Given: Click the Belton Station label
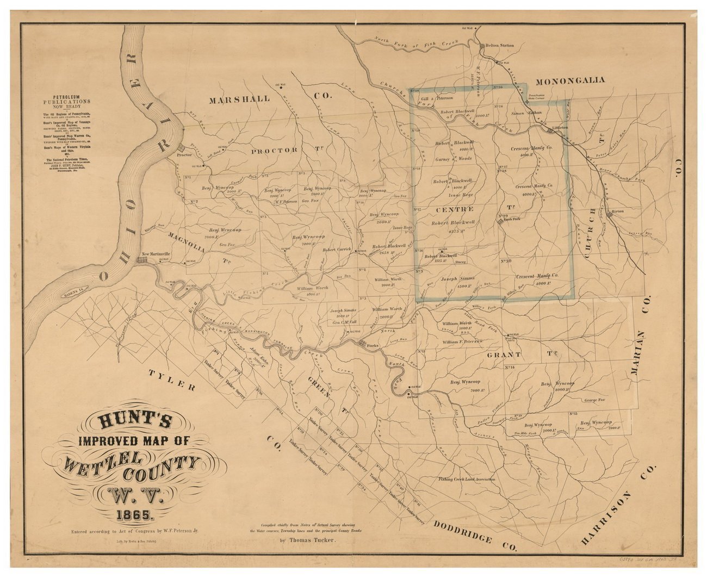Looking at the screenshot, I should point(499,46).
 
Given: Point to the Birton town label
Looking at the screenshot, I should point(617,210).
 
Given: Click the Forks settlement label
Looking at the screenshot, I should point(373,346).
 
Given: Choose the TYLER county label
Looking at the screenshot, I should point(171,380).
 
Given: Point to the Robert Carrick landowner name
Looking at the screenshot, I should point(337,250).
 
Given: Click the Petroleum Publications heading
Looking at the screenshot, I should point(68,101).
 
